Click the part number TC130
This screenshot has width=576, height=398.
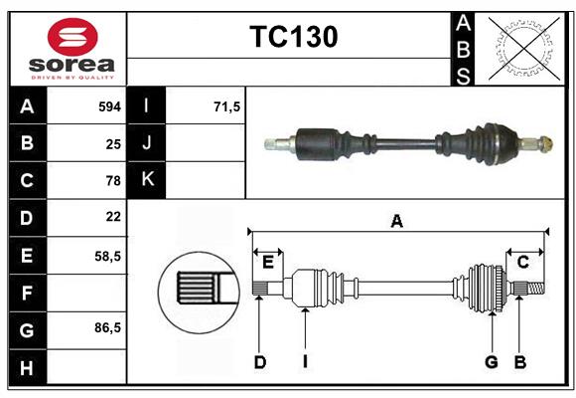293,37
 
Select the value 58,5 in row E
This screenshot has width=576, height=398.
106,255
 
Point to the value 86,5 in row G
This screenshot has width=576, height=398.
106,328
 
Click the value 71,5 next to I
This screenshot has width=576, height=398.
227,106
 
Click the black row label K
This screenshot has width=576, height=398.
147,180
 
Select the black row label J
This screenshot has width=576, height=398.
147,143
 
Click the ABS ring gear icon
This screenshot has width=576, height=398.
522,48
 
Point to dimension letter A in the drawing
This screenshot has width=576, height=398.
397,221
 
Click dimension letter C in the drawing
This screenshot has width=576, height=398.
522,262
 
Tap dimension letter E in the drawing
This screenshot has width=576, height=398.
268,262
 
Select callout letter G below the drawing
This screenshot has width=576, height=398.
491,362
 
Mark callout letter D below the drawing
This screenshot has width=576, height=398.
259,362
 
